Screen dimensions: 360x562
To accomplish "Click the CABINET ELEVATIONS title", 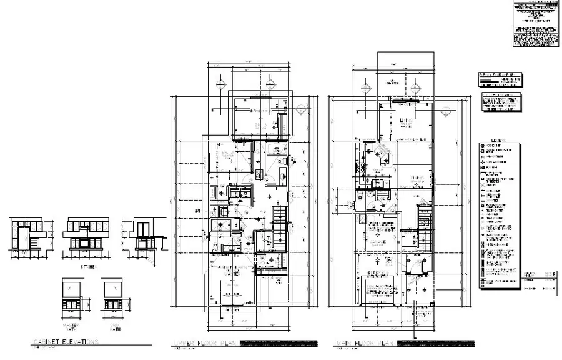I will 66,342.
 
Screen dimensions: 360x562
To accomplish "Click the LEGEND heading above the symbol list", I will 498,140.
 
